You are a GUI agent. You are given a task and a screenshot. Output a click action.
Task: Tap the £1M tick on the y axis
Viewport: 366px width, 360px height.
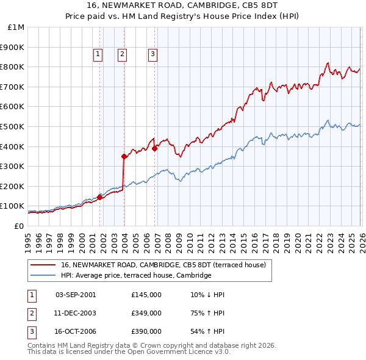[x=16, y=27]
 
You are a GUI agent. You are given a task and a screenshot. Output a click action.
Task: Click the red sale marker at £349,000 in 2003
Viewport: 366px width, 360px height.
[x=124, y=156]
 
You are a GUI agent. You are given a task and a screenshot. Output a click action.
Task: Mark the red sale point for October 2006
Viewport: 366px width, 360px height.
[x=155, y=148]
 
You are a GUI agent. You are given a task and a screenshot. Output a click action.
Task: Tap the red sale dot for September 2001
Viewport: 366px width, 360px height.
[x=99, y=196]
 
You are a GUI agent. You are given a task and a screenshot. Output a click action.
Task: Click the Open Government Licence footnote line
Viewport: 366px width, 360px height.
[x=129, y=351]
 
